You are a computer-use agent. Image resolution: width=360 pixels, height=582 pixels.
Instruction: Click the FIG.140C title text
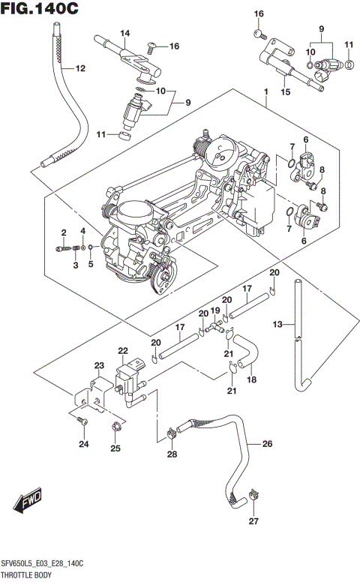(x=41, y=10)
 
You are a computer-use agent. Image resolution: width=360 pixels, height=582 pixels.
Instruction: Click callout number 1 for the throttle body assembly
(x=265, y=91)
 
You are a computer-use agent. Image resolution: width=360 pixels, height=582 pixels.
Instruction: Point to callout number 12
(x=80, y=69)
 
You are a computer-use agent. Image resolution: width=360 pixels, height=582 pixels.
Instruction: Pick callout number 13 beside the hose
(x=277, y=324)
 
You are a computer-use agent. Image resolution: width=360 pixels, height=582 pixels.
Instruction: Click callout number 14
(x=124, y=33)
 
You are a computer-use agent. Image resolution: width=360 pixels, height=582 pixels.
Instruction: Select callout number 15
(x=284, y=91)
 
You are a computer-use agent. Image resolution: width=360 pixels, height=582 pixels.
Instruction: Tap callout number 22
(x=122, y=350)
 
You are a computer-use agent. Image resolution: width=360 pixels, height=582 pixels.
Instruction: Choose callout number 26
(x=267, y=443)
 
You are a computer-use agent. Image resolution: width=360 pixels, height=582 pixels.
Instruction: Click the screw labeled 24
(x=83, y=424)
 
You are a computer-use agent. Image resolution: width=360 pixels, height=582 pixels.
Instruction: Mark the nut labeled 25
(x=115, y=427)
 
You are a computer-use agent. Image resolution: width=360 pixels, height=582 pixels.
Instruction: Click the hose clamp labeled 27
(x=252, y=494)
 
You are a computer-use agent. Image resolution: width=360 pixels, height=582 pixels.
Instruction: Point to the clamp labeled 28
(x=172, y=432)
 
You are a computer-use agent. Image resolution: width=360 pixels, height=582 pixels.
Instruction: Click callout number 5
(x=90, y=264)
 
